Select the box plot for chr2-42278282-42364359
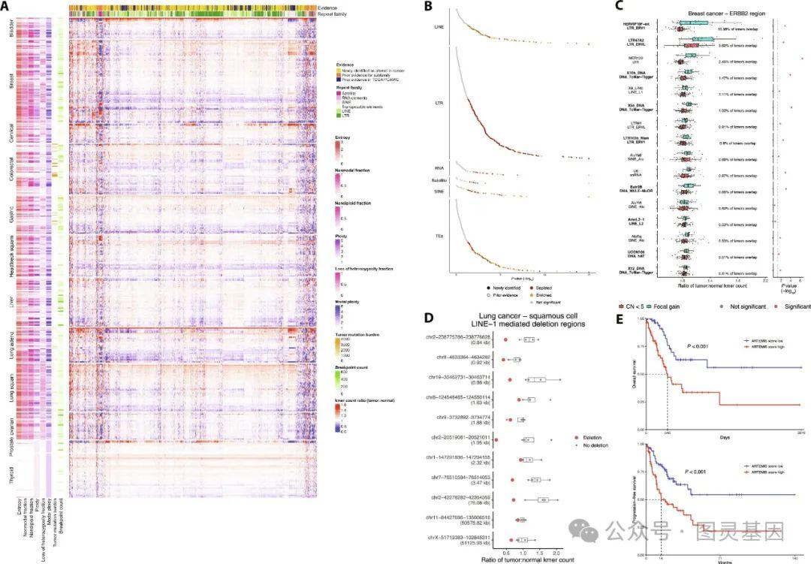pyautogui.click(x=542, y=499)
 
